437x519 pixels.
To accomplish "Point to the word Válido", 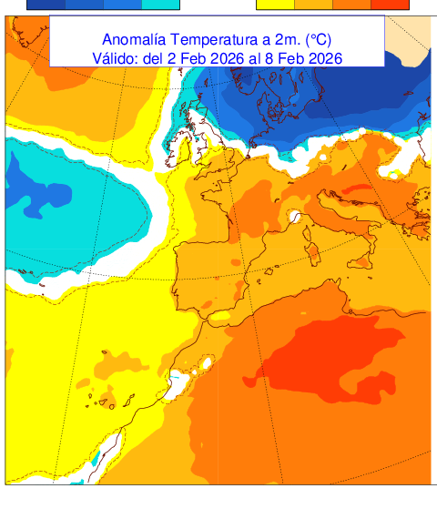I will pos(115,58).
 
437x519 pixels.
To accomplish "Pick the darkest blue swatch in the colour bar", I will pos(46,5).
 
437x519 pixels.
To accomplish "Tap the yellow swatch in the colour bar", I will pos(275,5).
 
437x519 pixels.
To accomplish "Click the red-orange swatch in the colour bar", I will pos(391,5).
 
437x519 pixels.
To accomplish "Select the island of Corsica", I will pos(308,241).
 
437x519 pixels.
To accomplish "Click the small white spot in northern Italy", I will pos(295,217).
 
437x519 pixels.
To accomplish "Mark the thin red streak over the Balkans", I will pos(356,189).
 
